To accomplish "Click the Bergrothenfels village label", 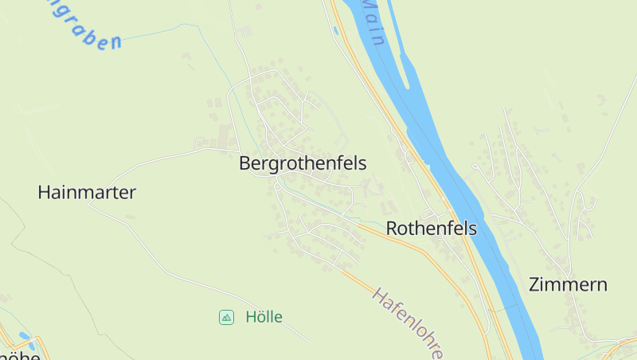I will [303, 164].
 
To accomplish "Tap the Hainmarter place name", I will [87, 192].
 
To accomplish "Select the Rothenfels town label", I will [431, 229].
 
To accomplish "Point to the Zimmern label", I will [568, 284].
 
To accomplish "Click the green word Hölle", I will [264, 317].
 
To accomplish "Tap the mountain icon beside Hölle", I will [227, 317].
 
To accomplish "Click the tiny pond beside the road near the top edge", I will [335, 31].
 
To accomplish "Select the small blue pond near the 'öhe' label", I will [25, 336].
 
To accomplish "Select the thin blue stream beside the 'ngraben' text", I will [159, 31].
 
